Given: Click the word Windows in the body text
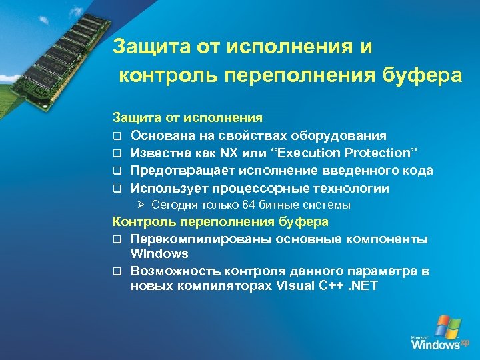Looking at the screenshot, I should coord(159,254).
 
